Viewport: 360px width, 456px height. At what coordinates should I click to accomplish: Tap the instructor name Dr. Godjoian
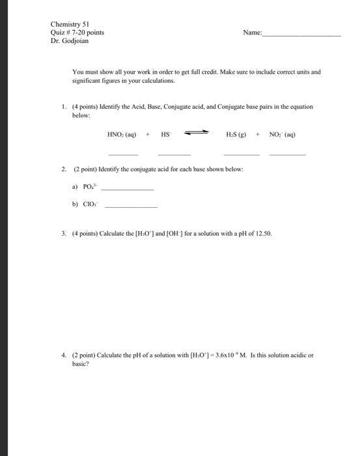point(69,41)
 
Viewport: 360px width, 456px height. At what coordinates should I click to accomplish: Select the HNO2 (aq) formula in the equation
point(121,135)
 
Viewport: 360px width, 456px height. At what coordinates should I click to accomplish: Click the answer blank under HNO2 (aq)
point(123,154)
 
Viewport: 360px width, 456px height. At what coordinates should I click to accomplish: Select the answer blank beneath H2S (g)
point(241,154)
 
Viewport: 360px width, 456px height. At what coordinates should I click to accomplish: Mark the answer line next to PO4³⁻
point(128,189)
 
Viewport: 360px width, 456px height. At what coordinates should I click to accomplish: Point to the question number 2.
point(64,169)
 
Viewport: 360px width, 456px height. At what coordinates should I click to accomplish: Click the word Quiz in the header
point(57,32)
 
